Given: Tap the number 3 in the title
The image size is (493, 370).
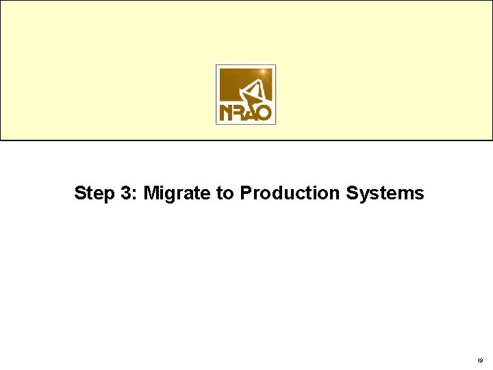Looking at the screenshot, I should click(x=127, y=193).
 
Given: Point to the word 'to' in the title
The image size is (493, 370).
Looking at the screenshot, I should click(x=225, y=193).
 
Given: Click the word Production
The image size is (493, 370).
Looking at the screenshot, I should click(x=290, y=193).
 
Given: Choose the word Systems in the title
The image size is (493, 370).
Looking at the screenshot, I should click(x=385, y=194).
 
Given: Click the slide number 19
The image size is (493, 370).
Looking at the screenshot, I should click(x=479, y=359).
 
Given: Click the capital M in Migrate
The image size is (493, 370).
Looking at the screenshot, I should click(x=151, y=193).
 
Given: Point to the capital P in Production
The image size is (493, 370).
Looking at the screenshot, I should click(x=245, y=193).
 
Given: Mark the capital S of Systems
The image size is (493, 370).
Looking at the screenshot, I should click(x=351, y=193).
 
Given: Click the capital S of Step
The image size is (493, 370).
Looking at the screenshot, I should click(x=80, y=193).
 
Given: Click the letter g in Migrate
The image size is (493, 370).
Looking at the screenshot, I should click(x=170, y=195).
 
